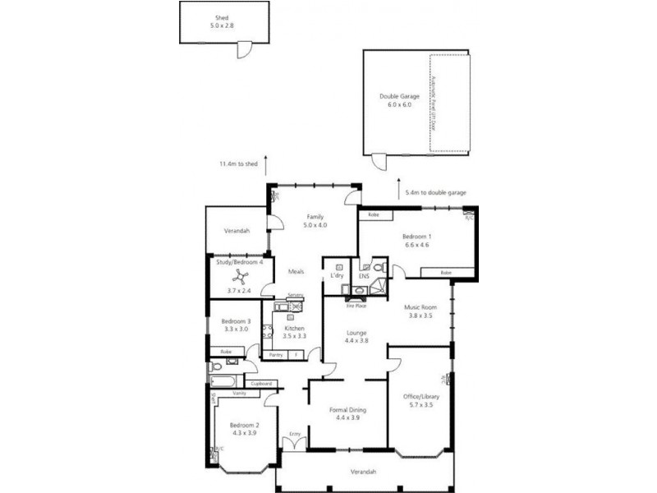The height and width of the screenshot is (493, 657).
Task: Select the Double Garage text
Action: [x=399, y=96]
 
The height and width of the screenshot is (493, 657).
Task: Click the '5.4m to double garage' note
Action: [x=435, y=192]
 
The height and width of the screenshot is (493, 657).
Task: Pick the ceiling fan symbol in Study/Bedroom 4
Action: [x=239, y=278]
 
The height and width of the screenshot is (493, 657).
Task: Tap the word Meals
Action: [x=296, y=272]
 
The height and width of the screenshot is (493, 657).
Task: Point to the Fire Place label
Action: [x=356, y=304]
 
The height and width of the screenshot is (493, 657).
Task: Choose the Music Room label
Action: [x=420, y=307]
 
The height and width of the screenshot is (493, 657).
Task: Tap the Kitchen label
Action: [x=294, y=329]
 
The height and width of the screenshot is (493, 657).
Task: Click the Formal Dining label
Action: [x=349, y=409]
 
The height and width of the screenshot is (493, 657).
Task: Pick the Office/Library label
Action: [x=421, y=397]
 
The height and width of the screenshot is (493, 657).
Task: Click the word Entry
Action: [x=295, y=434]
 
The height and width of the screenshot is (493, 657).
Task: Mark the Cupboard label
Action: [x=261, y=383]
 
